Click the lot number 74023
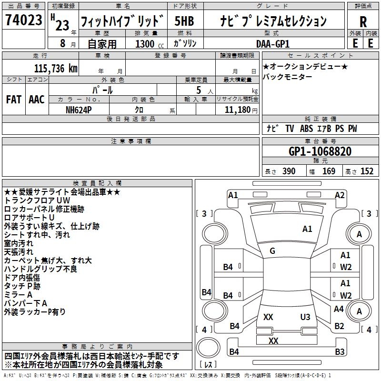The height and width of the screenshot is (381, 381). point(23,20)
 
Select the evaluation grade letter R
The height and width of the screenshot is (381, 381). point(363,21)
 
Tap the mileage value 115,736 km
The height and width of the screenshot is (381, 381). point(56,69)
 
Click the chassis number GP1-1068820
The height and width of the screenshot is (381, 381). point(320,151)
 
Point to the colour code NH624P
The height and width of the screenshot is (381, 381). point(79,110)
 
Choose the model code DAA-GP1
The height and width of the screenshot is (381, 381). point(272,44)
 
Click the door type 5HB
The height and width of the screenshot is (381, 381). point(184,21)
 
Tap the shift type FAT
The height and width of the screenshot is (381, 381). point(13,99)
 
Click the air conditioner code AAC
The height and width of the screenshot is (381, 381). point(36,99)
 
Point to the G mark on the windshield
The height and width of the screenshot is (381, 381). point(272,251)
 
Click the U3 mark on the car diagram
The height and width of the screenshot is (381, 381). point(305,317)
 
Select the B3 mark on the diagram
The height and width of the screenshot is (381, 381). point(340,352)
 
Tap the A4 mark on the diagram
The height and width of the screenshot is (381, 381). point(339,309)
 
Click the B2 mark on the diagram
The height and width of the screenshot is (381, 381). point(339,326)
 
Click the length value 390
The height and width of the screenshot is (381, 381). point(289,171)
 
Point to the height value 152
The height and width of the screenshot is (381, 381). point(367,171)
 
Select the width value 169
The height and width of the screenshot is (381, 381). point(329,171)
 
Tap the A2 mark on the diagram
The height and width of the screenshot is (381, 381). point(340,195)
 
